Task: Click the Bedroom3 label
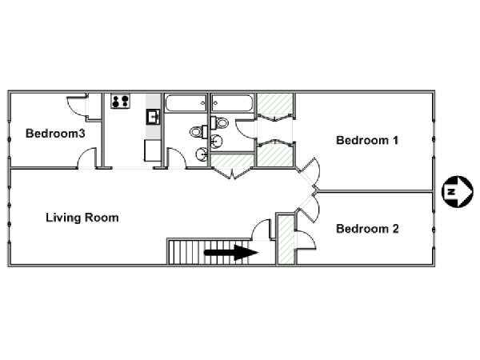point(55,134)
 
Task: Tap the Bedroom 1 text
point(367,140)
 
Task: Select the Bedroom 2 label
point(367,229)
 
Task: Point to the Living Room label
point(82,218)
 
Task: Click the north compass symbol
point(458,192)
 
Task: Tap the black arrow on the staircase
point(231,252)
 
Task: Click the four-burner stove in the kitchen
point(120,101)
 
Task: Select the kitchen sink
point(153,117)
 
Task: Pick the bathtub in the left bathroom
point(186,103)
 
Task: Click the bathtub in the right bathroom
point(232,103)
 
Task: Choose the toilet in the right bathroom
point(219,122)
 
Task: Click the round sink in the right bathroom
point(217,142)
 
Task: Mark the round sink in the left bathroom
point(202,154)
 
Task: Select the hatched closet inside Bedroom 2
point(286,240)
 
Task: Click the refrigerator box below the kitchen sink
point(152,150)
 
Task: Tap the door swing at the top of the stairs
point(261,229)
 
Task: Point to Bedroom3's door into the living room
point(87,158)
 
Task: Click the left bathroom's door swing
point(176,158)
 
